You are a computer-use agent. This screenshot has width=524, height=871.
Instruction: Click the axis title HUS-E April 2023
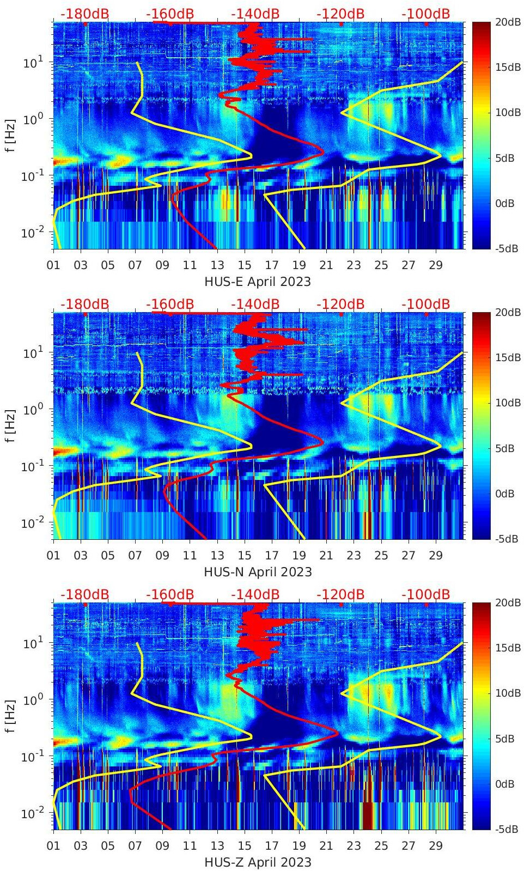pyautogui.click(x=258, y=282)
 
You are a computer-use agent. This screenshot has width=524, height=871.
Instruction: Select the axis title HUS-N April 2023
pyautogui.click(x=258, y=572)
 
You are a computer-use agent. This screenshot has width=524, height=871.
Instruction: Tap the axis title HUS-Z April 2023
pyautogui.click(x=258, y=862)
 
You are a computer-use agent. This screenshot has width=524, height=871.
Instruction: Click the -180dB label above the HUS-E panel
pyautogui.click(x=84, y=14)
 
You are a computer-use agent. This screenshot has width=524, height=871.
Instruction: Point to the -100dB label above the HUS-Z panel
pyautogui.click(x=425, y=594)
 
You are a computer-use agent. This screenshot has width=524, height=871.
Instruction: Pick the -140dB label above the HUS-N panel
pyautogui.click(x=255, y=304)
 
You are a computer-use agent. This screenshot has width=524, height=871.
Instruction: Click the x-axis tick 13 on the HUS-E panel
pyautogui.click(x=217, y=265)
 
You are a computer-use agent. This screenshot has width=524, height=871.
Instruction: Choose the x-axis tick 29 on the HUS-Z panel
pyautogui.click(x=436, y=846)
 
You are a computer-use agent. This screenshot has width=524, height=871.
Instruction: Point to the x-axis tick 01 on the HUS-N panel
pyautogui.click(x=53, y=556)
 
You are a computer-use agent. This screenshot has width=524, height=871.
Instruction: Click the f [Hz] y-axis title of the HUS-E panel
pyautogui.click(x=11, y=135)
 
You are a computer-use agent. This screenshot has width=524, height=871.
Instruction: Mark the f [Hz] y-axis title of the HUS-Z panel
pyautogui.click(x=11, y=716)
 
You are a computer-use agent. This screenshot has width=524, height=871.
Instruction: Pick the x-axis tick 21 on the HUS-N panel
pyautogui.click(x=326, y=556)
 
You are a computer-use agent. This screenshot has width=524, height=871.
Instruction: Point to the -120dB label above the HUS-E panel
pyautogui.click(x=340, y=14)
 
